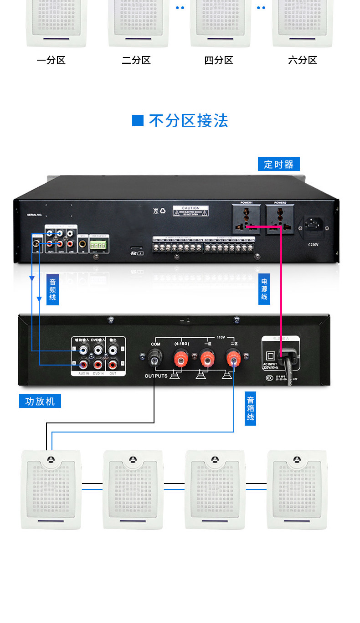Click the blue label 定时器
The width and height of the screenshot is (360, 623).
point(278,164)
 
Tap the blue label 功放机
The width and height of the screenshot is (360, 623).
point(40,401)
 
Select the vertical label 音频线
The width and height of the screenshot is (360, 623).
point(52,289)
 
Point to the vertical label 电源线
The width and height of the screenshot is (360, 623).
point(264,289)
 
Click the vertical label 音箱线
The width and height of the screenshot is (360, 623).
point(250,408)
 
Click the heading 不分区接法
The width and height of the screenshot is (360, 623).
point(188,121)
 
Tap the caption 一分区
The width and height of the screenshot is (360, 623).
point(51,60)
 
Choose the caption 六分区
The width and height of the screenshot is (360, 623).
point(303,60)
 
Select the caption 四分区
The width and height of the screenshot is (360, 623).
point(219,60)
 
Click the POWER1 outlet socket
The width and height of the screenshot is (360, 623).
point(247,220)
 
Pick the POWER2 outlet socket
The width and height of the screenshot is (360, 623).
point(280,220)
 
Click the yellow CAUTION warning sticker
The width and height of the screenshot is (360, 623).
point(190,211)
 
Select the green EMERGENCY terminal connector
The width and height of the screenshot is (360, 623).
point(97,245)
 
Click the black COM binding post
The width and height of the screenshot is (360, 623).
point(155,360)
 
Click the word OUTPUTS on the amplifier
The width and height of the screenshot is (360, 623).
point(156,376)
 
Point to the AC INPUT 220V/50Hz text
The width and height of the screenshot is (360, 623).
point(270,366)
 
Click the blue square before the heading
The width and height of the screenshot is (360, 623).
point(138,121)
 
